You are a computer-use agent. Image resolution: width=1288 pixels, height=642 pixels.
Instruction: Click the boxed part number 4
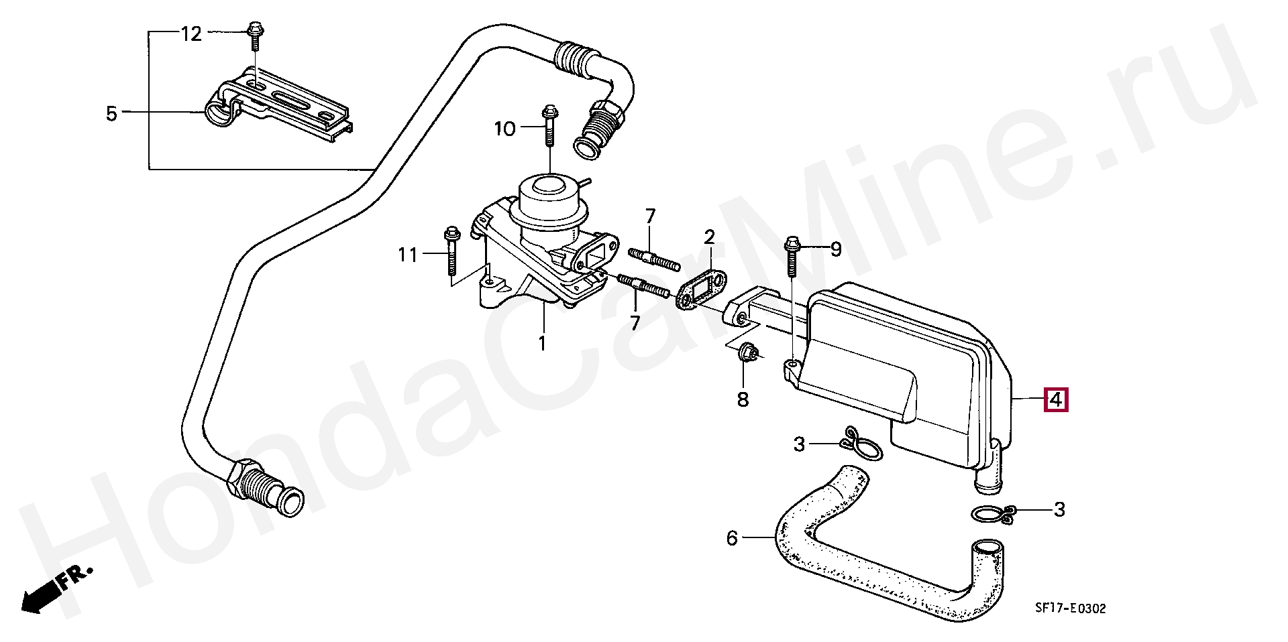tap(1055, 400)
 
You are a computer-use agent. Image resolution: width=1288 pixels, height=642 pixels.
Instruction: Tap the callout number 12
tap(191, 34)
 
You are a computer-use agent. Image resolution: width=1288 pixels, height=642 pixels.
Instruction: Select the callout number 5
tap(111, 113)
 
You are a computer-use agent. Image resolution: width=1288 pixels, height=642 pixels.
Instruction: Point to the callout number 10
tap(504, 128)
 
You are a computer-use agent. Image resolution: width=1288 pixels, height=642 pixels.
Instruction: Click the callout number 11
tap(407, 255)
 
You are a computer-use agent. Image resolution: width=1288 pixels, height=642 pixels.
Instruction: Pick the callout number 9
tap(836, 250)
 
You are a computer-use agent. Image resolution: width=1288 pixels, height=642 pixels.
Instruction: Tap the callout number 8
tap(743, 399)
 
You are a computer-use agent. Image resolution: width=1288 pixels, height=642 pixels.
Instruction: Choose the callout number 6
tap(732, 538)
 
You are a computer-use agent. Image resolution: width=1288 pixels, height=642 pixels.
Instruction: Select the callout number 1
tap(542, 343)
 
